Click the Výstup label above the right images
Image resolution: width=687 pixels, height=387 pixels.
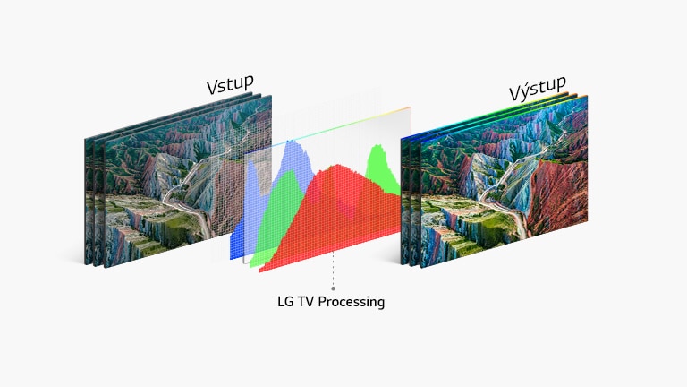click(538, 90)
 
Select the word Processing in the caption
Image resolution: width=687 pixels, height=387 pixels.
click(353, 302)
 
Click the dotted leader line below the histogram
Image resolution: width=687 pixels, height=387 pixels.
click(333, 269)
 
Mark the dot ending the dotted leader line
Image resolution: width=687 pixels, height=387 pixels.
click(333, 288)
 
